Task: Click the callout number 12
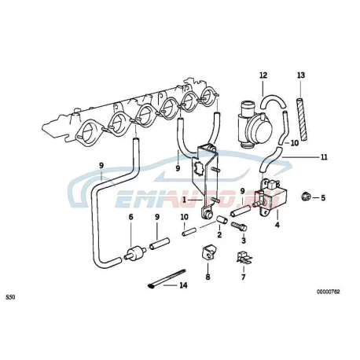pos(263,75)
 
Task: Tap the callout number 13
pos(301,75)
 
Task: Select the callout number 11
pos(324,157)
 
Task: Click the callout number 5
pos(323,197)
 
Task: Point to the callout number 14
pos(183,285)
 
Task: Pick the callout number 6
pos(131,217)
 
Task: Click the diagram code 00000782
pos(328,292)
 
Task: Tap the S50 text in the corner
pos(10,297)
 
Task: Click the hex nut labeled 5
pos(306,196)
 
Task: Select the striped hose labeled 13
pos(301,119)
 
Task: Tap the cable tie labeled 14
pos(166,279)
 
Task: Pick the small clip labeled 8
pos(208,252)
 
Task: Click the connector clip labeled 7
pos(244,257)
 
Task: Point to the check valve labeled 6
pos(135,252)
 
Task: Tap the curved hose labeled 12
pos(273,102)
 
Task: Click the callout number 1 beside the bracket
pos(184,200)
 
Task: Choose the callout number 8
pos(208,277)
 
